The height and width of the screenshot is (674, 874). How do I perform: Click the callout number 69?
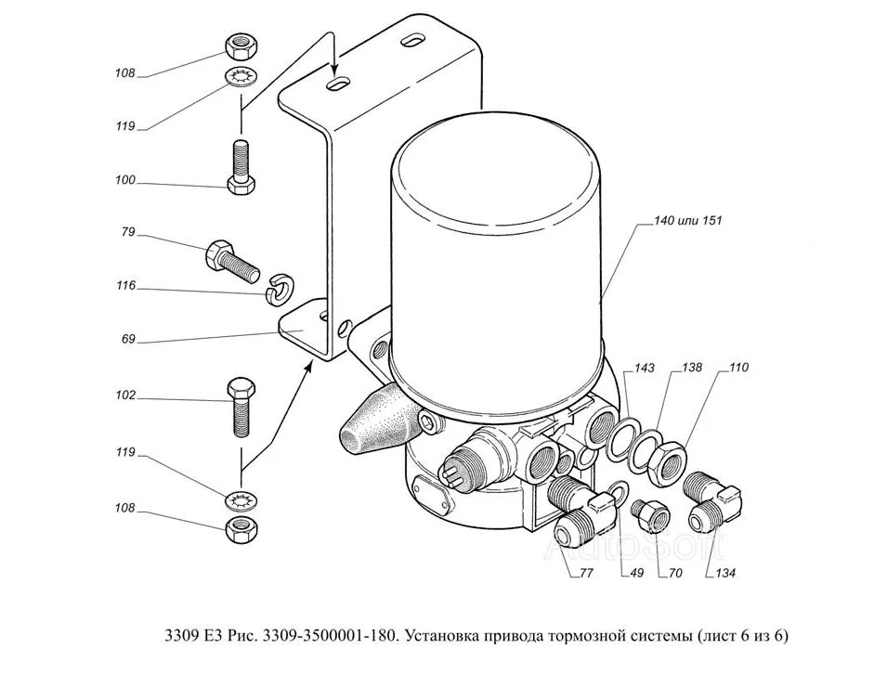pos(127,339)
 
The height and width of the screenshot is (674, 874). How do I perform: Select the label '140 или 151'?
pos(687,221)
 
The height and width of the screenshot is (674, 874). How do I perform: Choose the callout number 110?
pos(738,369)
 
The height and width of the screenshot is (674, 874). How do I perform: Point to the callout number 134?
pos(724,573)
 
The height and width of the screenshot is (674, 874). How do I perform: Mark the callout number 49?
pos(635,573)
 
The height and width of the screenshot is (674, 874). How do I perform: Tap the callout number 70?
pos(675,573)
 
